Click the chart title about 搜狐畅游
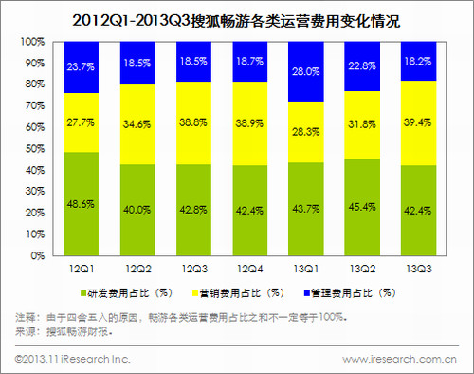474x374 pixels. tap(236, 17)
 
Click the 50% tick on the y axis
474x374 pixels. tap(34, 149)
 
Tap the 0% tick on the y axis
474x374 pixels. tap(37, 256)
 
